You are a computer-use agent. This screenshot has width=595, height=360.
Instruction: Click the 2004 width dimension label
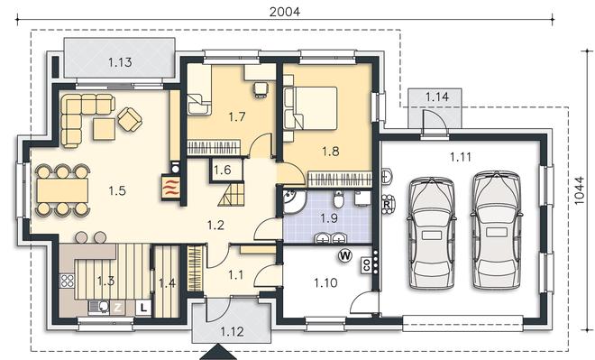[284, 12]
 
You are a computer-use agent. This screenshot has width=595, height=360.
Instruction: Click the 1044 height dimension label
[579, 191]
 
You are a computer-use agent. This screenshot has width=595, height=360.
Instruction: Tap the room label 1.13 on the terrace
[120, 62]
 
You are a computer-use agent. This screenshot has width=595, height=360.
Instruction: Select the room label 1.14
[436, 97]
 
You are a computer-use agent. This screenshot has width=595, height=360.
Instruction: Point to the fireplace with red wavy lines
[170, 187]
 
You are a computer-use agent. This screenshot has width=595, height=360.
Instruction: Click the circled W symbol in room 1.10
[345, 256]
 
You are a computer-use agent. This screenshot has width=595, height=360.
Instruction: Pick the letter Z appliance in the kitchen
[117, 307]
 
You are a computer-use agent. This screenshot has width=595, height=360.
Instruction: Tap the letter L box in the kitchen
[143, 307]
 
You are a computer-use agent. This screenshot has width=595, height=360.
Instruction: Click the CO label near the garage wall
[367, 264]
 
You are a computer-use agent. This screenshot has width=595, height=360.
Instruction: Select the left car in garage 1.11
[432, 233]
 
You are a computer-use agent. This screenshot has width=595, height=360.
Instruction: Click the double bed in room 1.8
[311, 108]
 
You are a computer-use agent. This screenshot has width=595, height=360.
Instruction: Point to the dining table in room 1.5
[62, 190]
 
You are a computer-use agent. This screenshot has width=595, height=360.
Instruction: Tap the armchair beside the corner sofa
[130, 119]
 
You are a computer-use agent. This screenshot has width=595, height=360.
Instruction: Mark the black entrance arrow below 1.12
[218, 352]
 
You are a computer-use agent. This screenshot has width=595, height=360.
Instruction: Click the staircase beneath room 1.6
[231, 194]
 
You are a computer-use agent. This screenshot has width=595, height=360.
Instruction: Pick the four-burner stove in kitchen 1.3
[68, 281]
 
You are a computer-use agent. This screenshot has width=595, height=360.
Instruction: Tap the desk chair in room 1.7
[261, 90]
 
